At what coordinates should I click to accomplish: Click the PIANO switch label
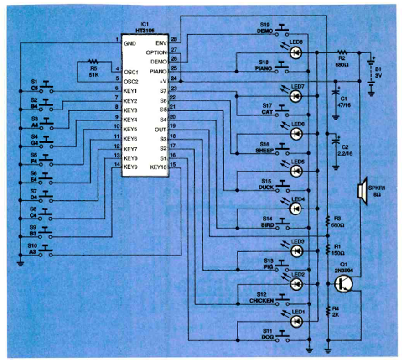[x=265, y=68]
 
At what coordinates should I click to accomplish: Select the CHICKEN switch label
[x=262, y=301]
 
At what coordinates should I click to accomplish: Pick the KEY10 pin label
[x=158, y=167]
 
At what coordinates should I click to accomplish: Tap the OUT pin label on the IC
[x=161, y=129]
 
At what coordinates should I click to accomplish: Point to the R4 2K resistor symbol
[x=327, y=311]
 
